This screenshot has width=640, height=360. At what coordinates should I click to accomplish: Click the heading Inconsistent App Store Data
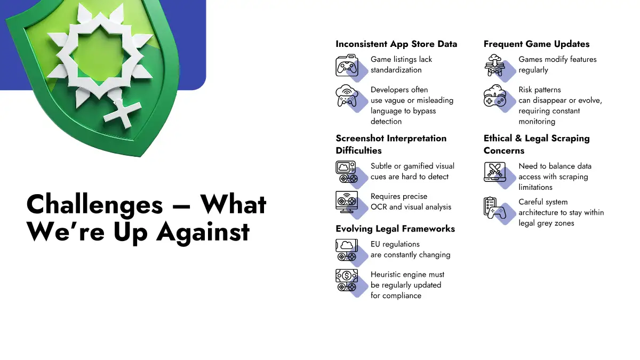point(396,44)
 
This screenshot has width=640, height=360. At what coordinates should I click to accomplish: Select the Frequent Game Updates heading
point(537,44)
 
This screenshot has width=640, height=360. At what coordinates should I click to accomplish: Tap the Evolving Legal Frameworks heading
point(395,229)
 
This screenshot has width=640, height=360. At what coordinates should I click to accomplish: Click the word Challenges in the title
point(94,205)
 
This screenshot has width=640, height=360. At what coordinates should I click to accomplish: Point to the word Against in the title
point(203,232)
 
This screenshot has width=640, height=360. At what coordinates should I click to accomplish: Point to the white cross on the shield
point(123,113)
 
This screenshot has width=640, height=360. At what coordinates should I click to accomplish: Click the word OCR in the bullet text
point(379,207)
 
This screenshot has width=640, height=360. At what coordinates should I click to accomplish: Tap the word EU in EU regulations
point(375,244)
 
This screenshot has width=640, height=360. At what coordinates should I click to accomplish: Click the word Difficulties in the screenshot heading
point(358,150)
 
